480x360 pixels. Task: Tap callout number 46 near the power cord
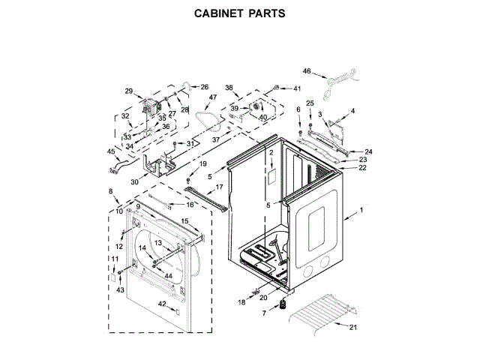(x=307, y=71)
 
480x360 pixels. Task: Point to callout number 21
(x=353, y=327)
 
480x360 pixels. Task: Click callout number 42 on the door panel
(x=161, y=303)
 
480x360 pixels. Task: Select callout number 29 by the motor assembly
(x=128, y=91)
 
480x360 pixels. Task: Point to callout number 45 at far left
(x=112, y=151)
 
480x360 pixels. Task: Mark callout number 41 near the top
(x=296, y=88)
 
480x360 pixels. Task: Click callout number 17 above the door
(x=219, y=187)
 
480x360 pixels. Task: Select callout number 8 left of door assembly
(x=112, y=192)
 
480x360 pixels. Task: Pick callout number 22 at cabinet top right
(x=362, y=168)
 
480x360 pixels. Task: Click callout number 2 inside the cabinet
(x=271, y=152)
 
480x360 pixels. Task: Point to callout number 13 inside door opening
(x=158, y=243)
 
